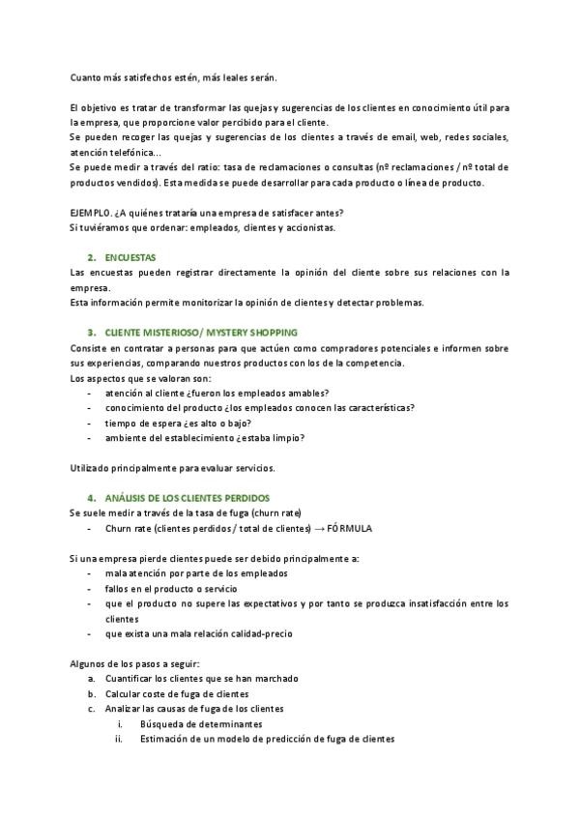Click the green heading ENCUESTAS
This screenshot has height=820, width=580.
point(130,257)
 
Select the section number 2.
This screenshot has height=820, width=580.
point(91,257)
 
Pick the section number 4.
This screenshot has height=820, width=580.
point(91,497)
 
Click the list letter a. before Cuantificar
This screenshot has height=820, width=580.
point(91,679)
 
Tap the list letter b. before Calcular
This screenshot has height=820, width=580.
point(91,693)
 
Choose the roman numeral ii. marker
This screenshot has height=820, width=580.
point(120,739)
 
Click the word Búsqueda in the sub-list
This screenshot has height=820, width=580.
point(160,723)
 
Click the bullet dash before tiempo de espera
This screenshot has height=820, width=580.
point(90,423)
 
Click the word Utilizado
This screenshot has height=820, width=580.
point(92,468)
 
